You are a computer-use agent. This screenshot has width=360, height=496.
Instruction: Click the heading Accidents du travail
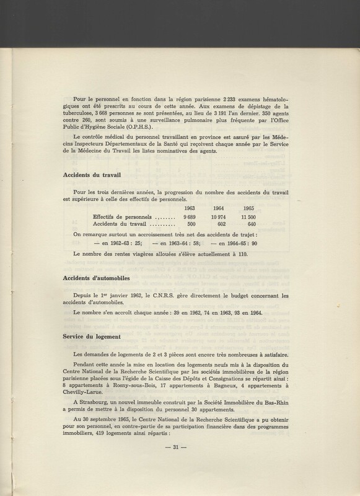point(94,174)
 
